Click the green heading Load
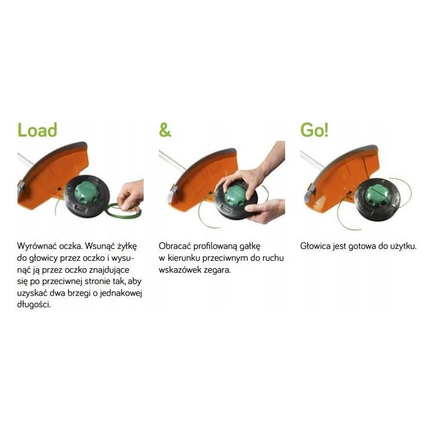pyautogui.click(x=37, y=130)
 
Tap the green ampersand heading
pyautogui.click(x=165, y=130)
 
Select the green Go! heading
pyautogui.click(x=314, y=130)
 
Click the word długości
pyautogui.click(x=34, y=305)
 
